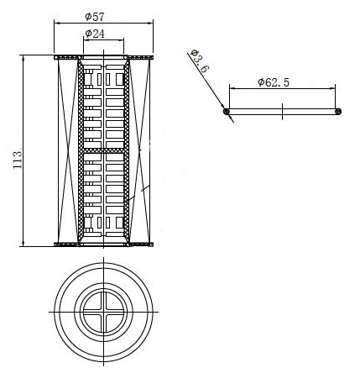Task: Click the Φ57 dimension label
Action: [x=95, y=17]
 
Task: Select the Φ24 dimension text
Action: [x=95, y=34]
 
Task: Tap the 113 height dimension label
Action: [x=18, y=160]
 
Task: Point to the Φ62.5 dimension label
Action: [x=274, y=82]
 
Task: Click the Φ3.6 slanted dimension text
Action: [x=199, y=61]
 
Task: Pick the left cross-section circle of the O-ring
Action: [x=227, y=112]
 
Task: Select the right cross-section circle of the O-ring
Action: [x=338, y=112]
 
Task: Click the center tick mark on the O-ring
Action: [x=282, y=112]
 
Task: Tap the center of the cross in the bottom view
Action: [x=104, y=312]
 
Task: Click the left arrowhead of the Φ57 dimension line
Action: [x=57, y=24]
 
